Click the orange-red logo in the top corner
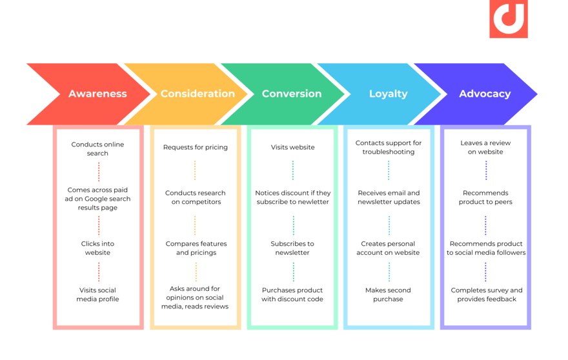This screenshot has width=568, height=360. (509, 20)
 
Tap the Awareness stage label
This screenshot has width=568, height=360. (98, 94)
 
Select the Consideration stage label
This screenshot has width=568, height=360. (198, 94)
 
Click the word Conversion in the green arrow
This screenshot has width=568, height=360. (292, 94)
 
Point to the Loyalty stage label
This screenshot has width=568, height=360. (389, 94)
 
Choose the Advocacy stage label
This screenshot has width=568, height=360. (485, 94)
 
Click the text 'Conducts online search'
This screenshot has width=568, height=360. (99, 149)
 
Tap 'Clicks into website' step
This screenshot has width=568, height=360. (99, 248)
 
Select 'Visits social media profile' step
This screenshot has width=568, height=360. (99, 295)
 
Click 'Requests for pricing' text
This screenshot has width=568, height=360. (195, 147)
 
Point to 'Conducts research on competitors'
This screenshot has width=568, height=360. (195, 197)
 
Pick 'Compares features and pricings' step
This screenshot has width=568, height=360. (195, 248)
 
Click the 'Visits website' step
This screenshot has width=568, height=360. (292, 147)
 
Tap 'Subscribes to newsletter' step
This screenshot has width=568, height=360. (292, 248)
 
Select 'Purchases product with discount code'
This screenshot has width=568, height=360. (292, 295)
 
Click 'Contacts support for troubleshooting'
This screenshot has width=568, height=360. (389, 147)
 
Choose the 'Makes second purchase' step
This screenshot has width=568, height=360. (389, 295)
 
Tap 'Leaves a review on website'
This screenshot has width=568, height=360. (486, 147)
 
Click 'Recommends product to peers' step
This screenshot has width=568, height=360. (486, 197)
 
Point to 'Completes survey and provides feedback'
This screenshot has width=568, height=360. (486, 295)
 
